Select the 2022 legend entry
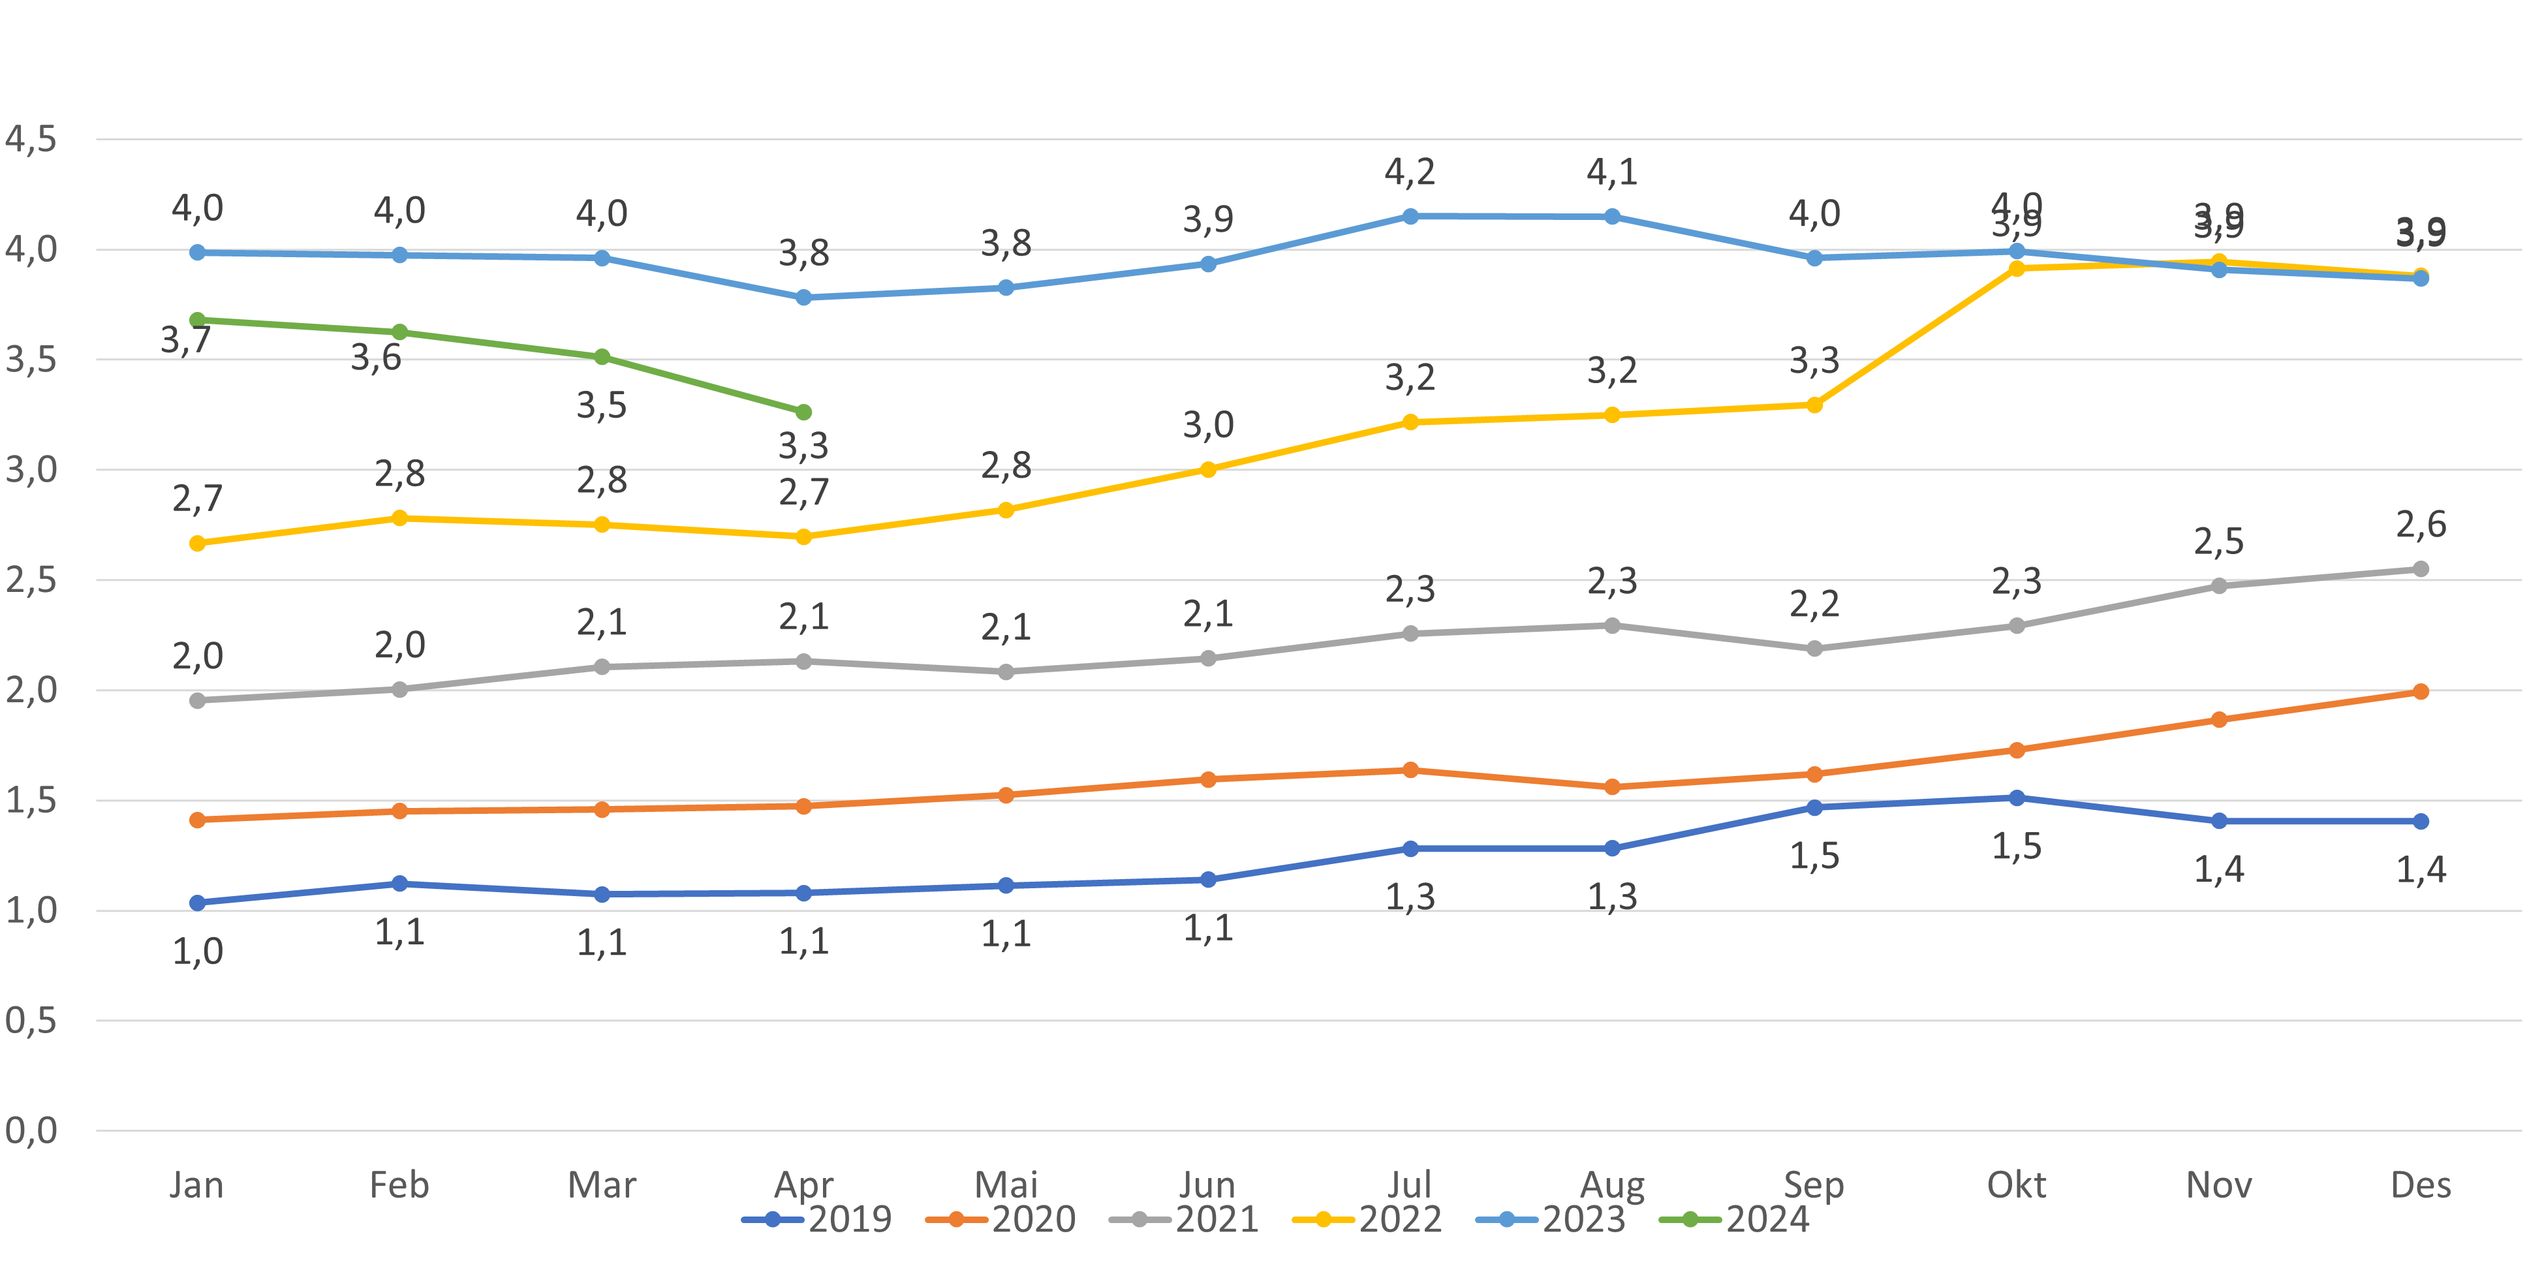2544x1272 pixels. point(1368,1220)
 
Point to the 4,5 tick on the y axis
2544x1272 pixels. point(31,139)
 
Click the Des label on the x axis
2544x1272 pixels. point(2421,1183)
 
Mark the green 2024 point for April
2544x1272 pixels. point(804,412)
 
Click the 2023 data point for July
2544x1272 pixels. point(1410,216)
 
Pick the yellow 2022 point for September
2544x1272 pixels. point(1814,405)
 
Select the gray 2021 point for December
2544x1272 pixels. point(2421,569)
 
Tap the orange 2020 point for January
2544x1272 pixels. point(198,820)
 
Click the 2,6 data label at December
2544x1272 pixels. point(2421,525)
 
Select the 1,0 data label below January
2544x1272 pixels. point(198,951)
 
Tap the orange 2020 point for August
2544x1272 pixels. point(1612,787)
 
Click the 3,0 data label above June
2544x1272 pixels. point(1208,425)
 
